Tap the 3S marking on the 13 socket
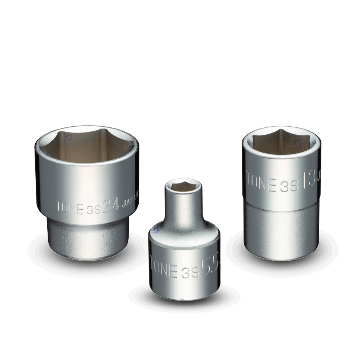(289, 186)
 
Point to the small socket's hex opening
(182, 187)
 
